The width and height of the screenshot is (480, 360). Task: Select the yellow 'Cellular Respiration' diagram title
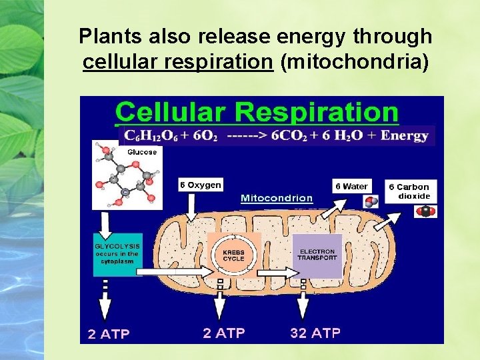(257, 111)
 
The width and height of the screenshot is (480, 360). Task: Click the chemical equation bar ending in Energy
(277, 135)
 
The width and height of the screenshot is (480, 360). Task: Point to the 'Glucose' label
(141, 152)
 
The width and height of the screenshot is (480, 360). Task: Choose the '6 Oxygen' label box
(200, 185)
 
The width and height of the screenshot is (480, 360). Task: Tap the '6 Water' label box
(351, 186)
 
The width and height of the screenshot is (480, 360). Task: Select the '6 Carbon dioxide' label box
(413, 191)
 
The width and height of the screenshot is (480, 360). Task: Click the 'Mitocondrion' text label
(277, 198)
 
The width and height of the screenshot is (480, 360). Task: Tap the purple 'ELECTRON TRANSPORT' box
(317, 255)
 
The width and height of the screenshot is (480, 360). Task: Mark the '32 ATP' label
(315, 333)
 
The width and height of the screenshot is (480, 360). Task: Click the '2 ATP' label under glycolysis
(109, 334)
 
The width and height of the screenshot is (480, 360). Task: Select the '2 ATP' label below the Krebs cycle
(224, 333)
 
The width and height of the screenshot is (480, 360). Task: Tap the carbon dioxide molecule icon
(424, 211)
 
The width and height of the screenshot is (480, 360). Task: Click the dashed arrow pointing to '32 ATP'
(303, 301)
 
